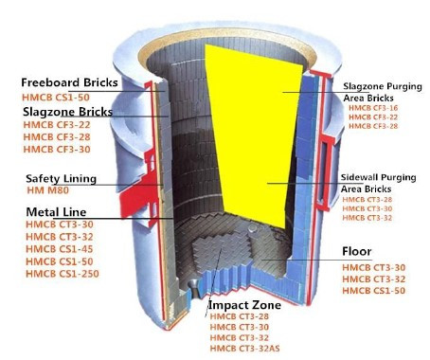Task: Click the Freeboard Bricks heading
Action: click(x=69, y=82)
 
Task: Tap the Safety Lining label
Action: click(x=61, y=179)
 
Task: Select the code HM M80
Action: click(x=47, y=190)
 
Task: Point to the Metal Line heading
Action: click(x=56, y=212)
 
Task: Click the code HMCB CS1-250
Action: click(x=63, y=274)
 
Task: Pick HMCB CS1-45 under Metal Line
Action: click(x=60, y=249)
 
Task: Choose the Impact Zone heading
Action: click(x=244, y=305)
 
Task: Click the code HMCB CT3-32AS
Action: click(x=244, y=349)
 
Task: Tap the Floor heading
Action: click(x=357, y=251)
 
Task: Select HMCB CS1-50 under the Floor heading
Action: click(x=374, y=291)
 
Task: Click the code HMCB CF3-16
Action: click(x=373, y=108)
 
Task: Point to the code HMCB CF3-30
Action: click(x=57, y=149)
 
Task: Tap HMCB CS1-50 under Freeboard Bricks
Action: click(x=56, y=98)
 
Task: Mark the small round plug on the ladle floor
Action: click(x=253, y=228)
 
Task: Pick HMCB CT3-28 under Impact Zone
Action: click(x=240, y=316)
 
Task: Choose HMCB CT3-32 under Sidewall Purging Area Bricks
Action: click(x=367, y=218)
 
